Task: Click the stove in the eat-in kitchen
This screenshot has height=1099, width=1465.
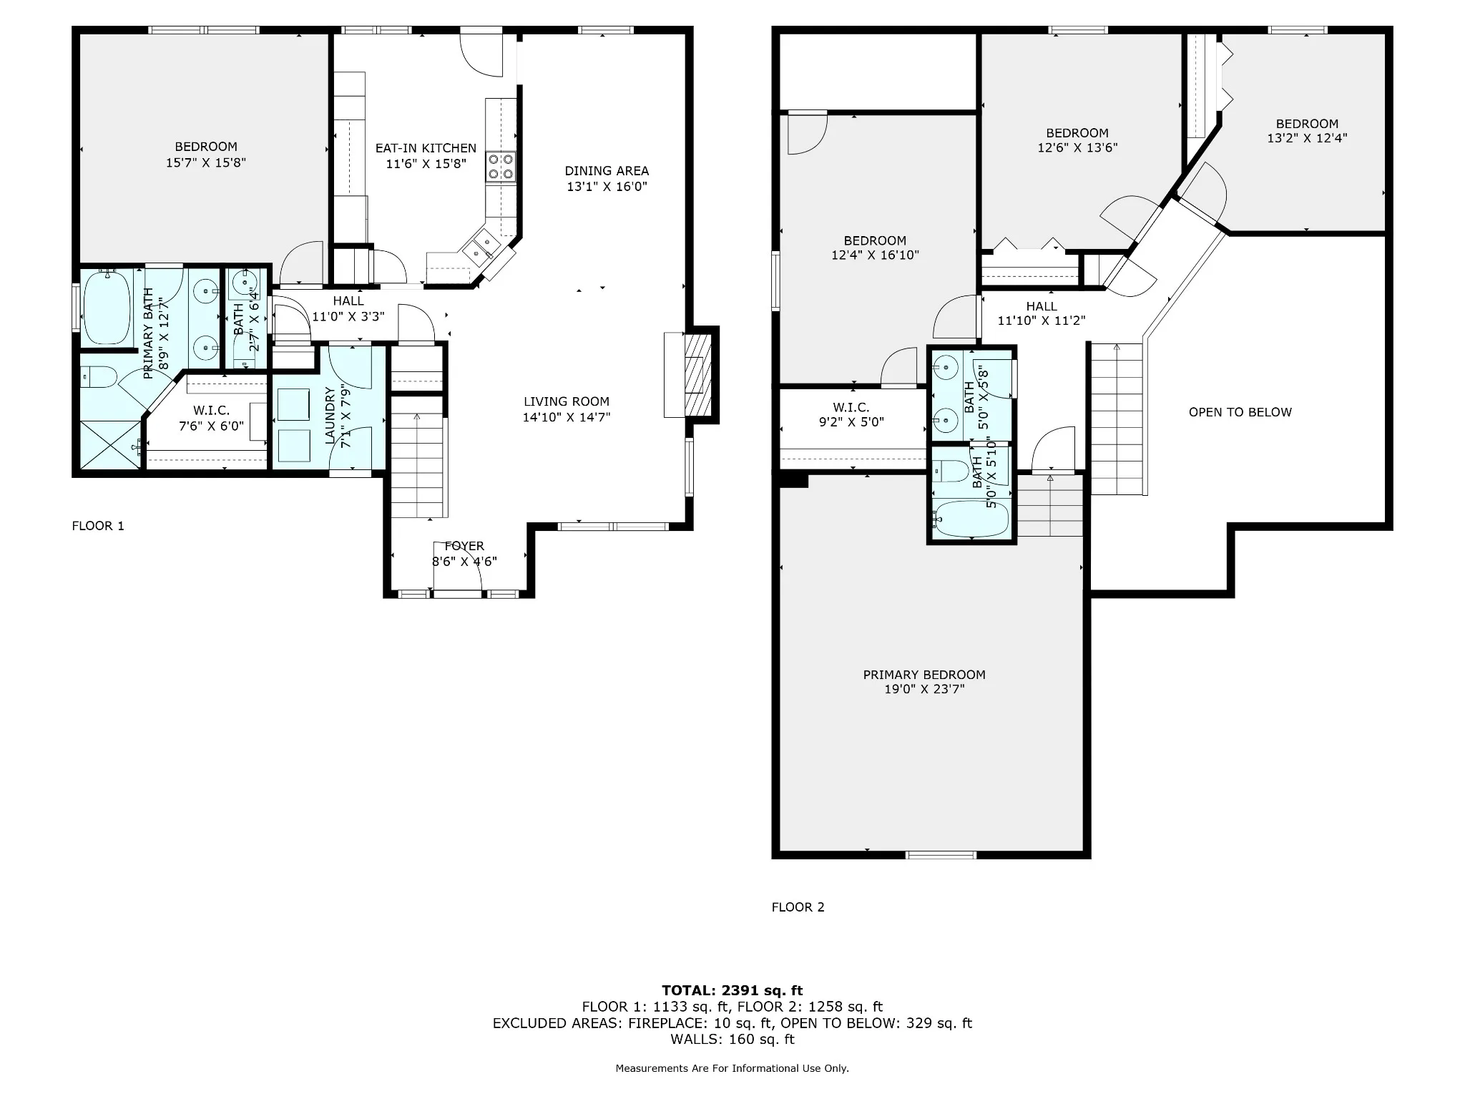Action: (x=501, y=167)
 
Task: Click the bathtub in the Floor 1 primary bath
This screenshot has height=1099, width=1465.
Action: (x=107, y=308)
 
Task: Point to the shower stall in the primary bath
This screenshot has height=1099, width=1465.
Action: (x=111, y=445)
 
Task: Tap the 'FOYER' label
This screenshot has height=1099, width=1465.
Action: (x=464, y=547)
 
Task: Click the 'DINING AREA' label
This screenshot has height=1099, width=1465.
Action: (x=607, y=171)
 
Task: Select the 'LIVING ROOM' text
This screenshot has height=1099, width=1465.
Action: (x=567, y=402)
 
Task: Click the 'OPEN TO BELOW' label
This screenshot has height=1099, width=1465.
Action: (x=1240, y=412)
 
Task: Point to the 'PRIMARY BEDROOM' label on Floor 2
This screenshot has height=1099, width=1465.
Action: (x=924, y=675)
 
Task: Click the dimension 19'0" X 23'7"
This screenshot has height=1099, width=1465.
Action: (x=924, y=690)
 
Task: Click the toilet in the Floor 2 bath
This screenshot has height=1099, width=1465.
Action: (x=952, y=471)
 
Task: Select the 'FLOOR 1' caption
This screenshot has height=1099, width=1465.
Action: (x=98, y=526)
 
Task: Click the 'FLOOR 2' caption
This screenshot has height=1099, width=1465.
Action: (x=798, y=907)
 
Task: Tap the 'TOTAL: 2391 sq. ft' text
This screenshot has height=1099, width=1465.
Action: (x=732, y=991)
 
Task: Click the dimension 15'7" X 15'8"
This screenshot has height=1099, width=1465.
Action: (x=206, y=162)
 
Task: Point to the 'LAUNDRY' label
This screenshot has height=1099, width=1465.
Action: (x=330, y=416)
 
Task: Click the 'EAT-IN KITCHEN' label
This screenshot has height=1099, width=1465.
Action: (x=426, y=148)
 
